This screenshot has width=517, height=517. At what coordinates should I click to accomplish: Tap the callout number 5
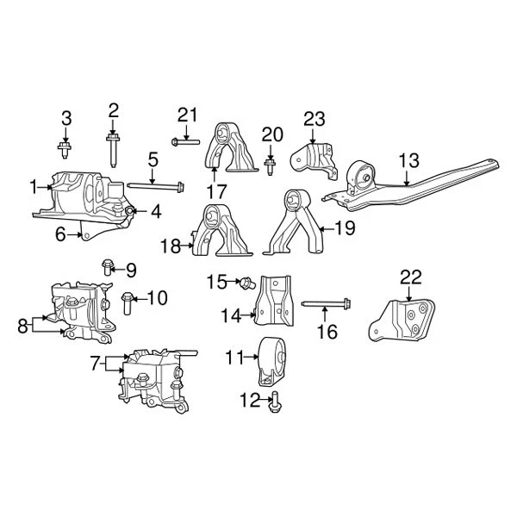(x=152, y=159)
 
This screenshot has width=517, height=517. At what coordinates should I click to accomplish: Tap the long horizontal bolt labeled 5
(x=156, y=184)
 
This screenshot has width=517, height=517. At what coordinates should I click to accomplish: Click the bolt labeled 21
(x=185, y=140)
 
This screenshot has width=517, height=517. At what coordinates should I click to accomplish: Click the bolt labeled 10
(x=128, y=302)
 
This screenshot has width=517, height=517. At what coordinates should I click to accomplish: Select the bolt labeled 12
(x=275, y=398)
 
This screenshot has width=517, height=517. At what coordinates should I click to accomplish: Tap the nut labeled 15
(x=244, y=281)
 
